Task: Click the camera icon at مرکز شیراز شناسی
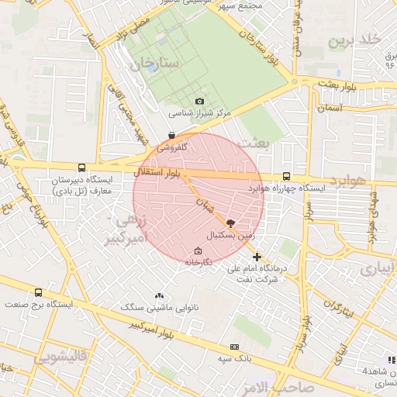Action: pos(200,102)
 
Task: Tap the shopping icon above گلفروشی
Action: pos(171,134)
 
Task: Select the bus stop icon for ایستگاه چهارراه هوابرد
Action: pos(287,176)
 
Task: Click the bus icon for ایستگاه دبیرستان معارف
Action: pos(82,167)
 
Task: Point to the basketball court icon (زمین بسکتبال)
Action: pos(230,223)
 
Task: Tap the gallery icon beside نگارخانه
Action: pos(197,250)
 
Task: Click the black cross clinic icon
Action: pos(257,257)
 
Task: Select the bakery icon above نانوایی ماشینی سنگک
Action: pos(160,295)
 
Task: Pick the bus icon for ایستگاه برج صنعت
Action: pos(39,292)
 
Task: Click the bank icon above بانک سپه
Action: pos(234,347)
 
